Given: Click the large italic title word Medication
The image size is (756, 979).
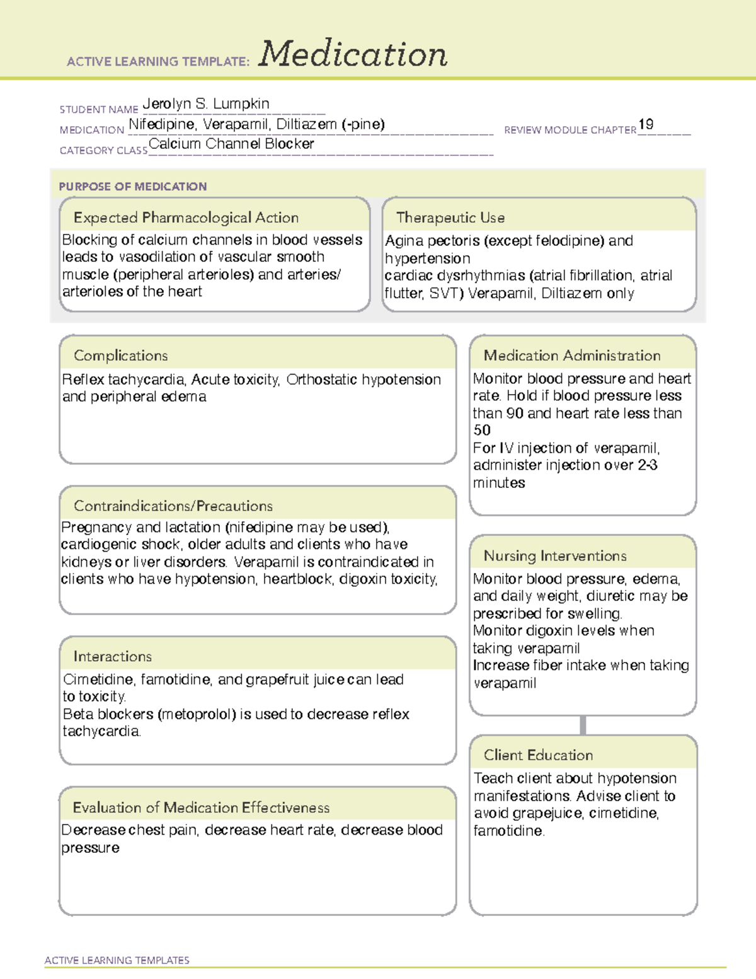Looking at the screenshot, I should point(353,54).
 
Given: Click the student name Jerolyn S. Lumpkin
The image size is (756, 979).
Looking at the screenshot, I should point(206,104).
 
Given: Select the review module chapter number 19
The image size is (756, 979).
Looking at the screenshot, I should point(646,124).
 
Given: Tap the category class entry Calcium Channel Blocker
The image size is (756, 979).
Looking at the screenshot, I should point(231,144).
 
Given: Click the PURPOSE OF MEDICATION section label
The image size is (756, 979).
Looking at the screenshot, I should point(133,187).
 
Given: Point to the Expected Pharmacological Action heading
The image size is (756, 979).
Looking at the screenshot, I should point(186,217).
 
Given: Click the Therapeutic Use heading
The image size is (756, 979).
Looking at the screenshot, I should point(450,217).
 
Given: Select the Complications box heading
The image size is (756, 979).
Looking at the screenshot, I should point(121,356).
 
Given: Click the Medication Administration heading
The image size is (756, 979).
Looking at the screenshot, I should point(572,356).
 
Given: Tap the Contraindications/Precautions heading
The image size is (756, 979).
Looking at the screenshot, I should point(173,506).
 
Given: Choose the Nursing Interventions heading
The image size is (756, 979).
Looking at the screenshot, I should point(555,555).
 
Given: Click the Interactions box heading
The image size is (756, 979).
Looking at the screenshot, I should point(113,656).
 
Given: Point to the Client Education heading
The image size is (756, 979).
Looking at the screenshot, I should point(539,755).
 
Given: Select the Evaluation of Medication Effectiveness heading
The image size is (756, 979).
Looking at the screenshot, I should point(201,808).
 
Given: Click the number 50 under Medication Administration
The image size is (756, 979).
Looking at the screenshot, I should point(482,431).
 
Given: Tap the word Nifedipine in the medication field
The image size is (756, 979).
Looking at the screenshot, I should point(162,124).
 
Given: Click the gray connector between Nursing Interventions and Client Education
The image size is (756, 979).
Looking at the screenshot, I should point(583,725).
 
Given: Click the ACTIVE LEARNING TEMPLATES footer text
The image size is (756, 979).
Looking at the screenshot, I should point(117,960).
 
